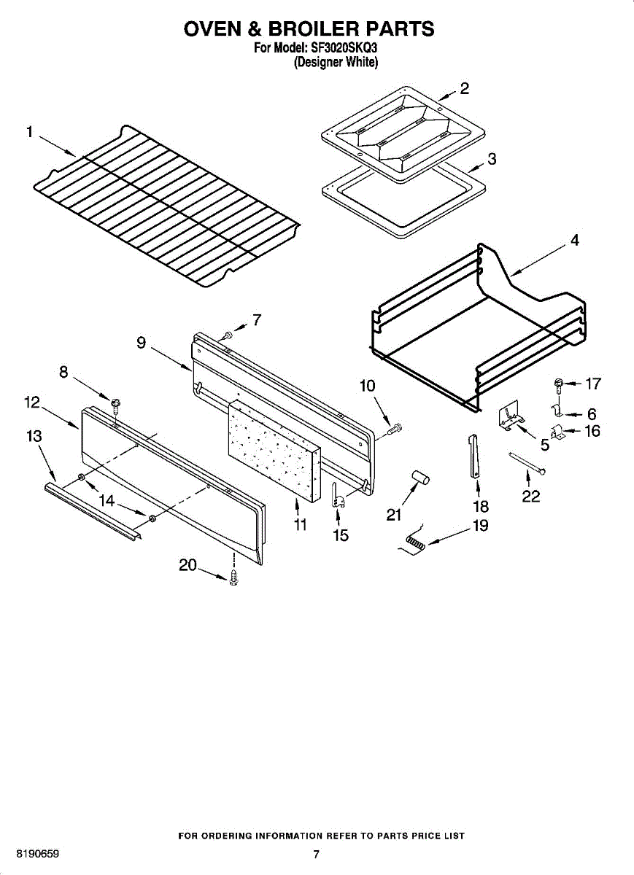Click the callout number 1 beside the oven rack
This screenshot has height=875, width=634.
click(x=30, y=132)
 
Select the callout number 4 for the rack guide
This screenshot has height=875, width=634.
click(x=575, y=240)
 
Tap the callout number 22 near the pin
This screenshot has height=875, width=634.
click(x=530, y=497)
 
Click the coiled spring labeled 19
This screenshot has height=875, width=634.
click(x=415, y=541)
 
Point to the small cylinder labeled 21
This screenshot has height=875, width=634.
click(x=420, y=478)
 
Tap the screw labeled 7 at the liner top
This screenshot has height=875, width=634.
click(x=228, y=335)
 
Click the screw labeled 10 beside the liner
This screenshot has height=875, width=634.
click(x=395, y=429)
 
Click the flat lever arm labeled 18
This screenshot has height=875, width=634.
click(x=473, y=456)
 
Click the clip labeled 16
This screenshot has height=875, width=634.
click(x=558, y=433)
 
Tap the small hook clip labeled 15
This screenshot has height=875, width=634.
click(x=337, y=496)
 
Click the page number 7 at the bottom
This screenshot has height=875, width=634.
click(x=316, y=855)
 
